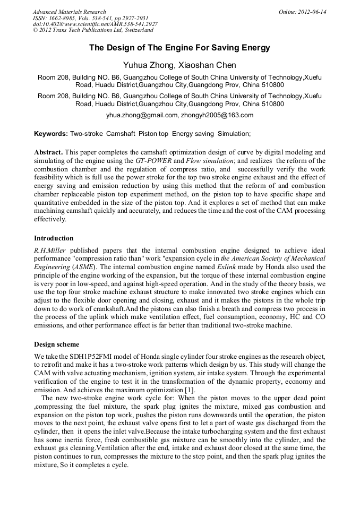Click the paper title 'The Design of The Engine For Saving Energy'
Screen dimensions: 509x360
click(x=179, y=48)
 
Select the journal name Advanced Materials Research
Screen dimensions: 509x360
click(x=69, y=12)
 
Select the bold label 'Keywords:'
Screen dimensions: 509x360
click(x=51, y=134)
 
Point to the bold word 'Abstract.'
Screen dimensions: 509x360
click(x=49, y=152)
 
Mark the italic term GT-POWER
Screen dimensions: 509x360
click(x=153, y=160)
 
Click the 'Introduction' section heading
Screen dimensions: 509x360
click(x=54, y=238)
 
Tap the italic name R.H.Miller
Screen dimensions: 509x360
click(x=50, y=249)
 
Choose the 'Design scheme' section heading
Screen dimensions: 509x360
click(x=56, y=343)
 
